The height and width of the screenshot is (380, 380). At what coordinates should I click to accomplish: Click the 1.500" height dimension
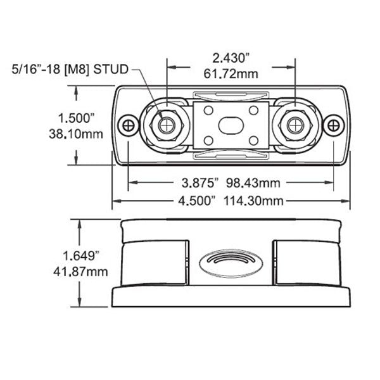coord(75,118)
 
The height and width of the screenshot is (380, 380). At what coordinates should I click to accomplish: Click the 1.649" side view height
coord(82,256)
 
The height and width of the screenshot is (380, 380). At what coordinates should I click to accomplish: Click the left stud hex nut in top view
coord(167,125)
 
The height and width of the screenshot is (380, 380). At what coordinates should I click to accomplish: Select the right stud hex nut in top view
coord(295,125)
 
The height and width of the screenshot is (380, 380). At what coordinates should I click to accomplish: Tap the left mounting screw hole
coord(129,125)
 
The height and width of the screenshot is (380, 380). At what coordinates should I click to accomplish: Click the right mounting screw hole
coord(333,125)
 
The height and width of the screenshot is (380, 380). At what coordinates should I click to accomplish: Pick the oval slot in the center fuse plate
coord(231,125)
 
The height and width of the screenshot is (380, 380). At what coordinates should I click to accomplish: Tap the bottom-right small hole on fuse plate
coord(253,140)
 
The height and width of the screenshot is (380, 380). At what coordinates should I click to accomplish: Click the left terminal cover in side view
coord(155,262)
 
